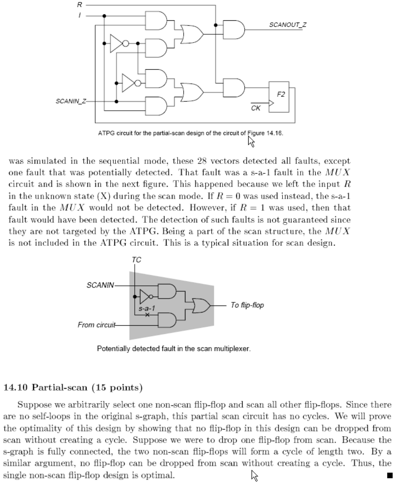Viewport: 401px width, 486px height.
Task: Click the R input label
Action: coord(79,5)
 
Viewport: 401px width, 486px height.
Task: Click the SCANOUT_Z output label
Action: coord(287,25)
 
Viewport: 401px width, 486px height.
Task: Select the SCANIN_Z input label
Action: coord(71,101)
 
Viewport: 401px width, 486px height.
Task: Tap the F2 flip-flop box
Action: coord(279,97)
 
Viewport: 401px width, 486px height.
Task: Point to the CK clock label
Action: coord(255,108)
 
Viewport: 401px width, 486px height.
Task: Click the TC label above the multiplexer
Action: coord(136,260)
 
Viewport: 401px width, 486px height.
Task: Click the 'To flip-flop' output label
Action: coord(247,305)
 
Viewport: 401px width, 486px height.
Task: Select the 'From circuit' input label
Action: coord(97,325)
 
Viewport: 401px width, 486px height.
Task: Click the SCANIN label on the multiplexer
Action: coord(100,285)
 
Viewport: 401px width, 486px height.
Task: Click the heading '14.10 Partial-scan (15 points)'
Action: coord(73,387)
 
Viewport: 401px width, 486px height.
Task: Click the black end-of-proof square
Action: coord(390,475)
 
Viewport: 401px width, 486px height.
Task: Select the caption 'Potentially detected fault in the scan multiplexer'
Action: coord(174,349)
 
